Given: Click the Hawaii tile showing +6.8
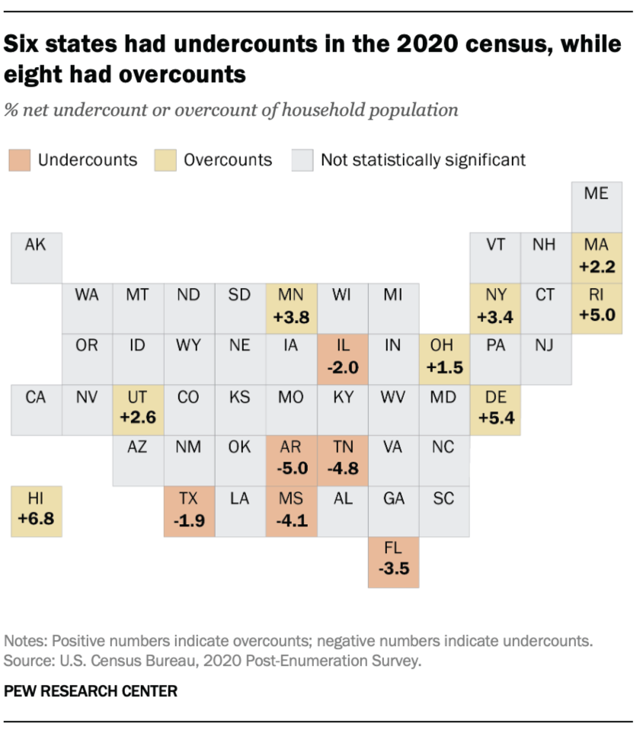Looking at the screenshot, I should click(x=37, y=511).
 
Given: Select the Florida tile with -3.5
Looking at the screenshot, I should click(x=393, y=562).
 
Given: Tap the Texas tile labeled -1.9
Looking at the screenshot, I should click(x=189, y=511).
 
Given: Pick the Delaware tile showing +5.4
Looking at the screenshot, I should click(x=495, y=409).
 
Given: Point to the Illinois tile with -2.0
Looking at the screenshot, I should click(x=342, y=358).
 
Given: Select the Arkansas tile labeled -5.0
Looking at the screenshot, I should click(x=291, y=460).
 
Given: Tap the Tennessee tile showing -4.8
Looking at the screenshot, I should click(x=342, y=460).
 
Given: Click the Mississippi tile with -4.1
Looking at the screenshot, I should click(x=291, y=511).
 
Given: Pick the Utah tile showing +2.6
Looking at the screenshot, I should click(x=138, y=409).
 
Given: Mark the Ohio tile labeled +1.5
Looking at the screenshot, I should click(x=444, y=358).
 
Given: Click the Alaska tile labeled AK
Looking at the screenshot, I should click(x=37, y=257).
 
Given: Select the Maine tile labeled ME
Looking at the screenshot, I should click(x=597, y=206).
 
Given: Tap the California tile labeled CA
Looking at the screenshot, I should click(x=37, y=409).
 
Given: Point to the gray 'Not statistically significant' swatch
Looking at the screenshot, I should click(x=302, y=160).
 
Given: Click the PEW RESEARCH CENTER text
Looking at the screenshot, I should click(x=91, y=692).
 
